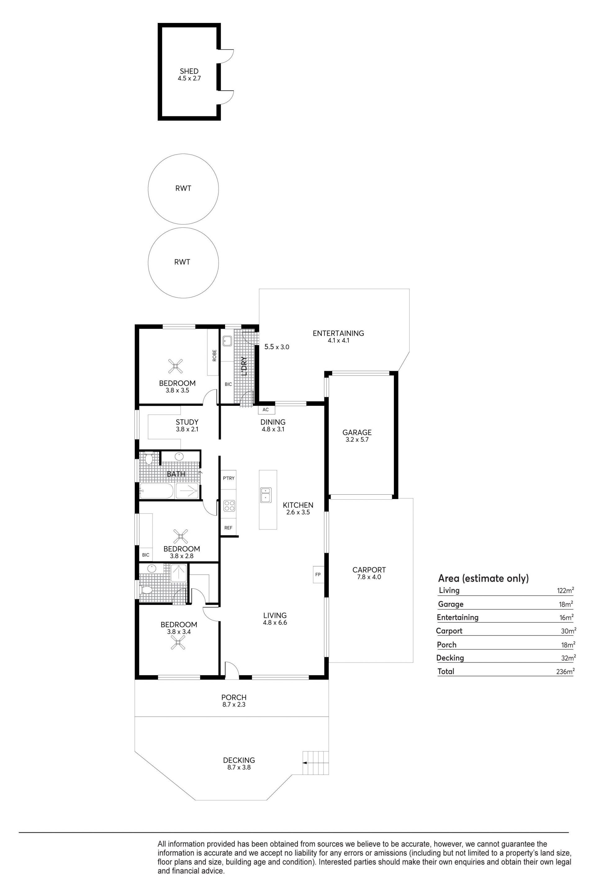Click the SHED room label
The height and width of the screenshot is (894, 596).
pos(189,71)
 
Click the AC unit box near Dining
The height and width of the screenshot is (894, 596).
pos(266,410)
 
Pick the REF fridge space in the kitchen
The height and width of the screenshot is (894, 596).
pos(228,528)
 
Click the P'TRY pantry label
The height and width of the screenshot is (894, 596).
pos(228,478)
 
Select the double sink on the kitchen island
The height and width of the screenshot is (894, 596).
pos(265,495)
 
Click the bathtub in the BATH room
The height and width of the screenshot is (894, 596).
pos(156,491)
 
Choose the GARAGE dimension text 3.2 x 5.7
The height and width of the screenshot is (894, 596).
pos(357,440)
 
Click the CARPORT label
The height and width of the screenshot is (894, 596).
pos(369,570)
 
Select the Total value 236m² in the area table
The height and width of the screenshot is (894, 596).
pos(565,672)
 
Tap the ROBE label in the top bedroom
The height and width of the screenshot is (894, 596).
pos(215,355)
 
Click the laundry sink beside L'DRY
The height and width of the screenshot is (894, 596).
pos(227,341)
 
